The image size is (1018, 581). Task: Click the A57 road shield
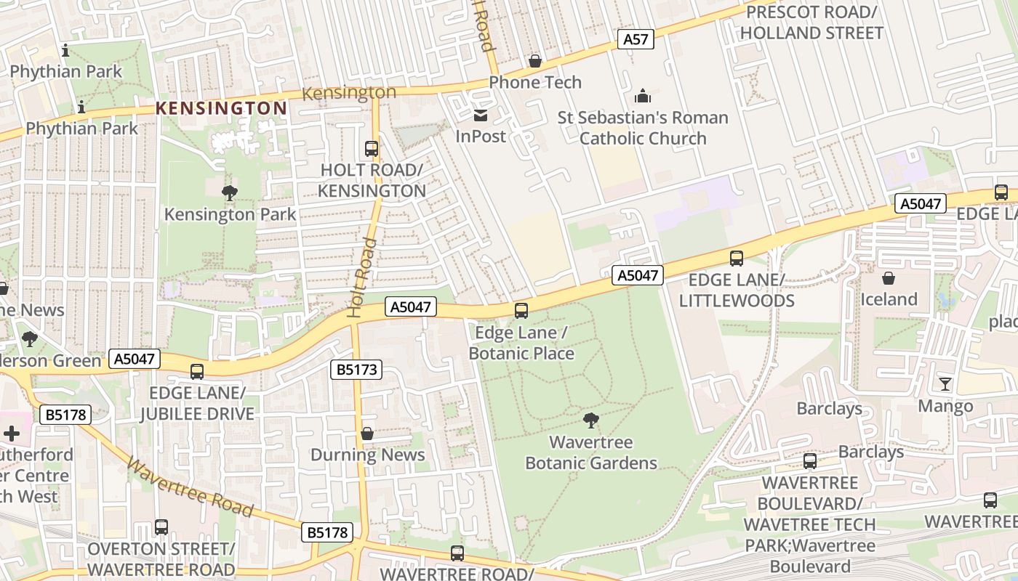click(x=636, y=39)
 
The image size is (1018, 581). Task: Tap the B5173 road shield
click(x=356, y=369)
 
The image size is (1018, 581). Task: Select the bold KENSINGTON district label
click(x=221, y=108)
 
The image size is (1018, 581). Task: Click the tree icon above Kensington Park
click(x=230, y=193)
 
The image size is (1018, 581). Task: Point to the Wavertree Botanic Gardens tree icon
click(x=590, y=420)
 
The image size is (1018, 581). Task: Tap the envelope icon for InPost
click(x=481, y=115)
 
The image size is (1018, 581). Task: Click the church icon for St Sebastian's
click(x=643, y=96)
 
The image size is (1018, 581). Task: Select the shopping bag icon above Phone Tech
click(x=535, y=61)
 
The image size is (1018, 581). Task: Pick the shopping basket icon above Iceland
click(x=889, y=278)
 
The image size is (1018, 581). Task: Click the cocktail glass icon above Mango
click(x=945, y=384)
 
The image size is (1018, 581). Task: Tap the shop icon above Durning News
click(x=367, y=434)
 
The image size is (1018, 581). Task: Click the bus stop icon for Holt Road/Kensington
click(x=372, y=149)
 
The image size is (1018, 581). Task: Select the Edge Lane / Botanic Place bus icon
click(x=521, y=311)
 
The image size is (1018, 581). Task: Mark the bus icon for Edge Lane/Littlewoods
click(x=737, y=259)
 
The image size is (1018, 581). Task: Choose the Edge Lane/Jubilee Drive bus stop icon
click(x=197, y=372)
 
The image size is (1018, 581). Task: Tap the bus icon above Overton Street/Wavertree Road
click(x=161, y=527)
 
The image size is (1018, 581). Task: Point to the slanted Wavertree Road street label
click(x=191, y=487)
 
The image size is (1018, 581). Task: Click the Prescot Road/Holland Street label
click(x=811, y=23)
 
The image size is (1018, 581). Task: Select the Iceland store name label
click(x=889, y=299)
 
